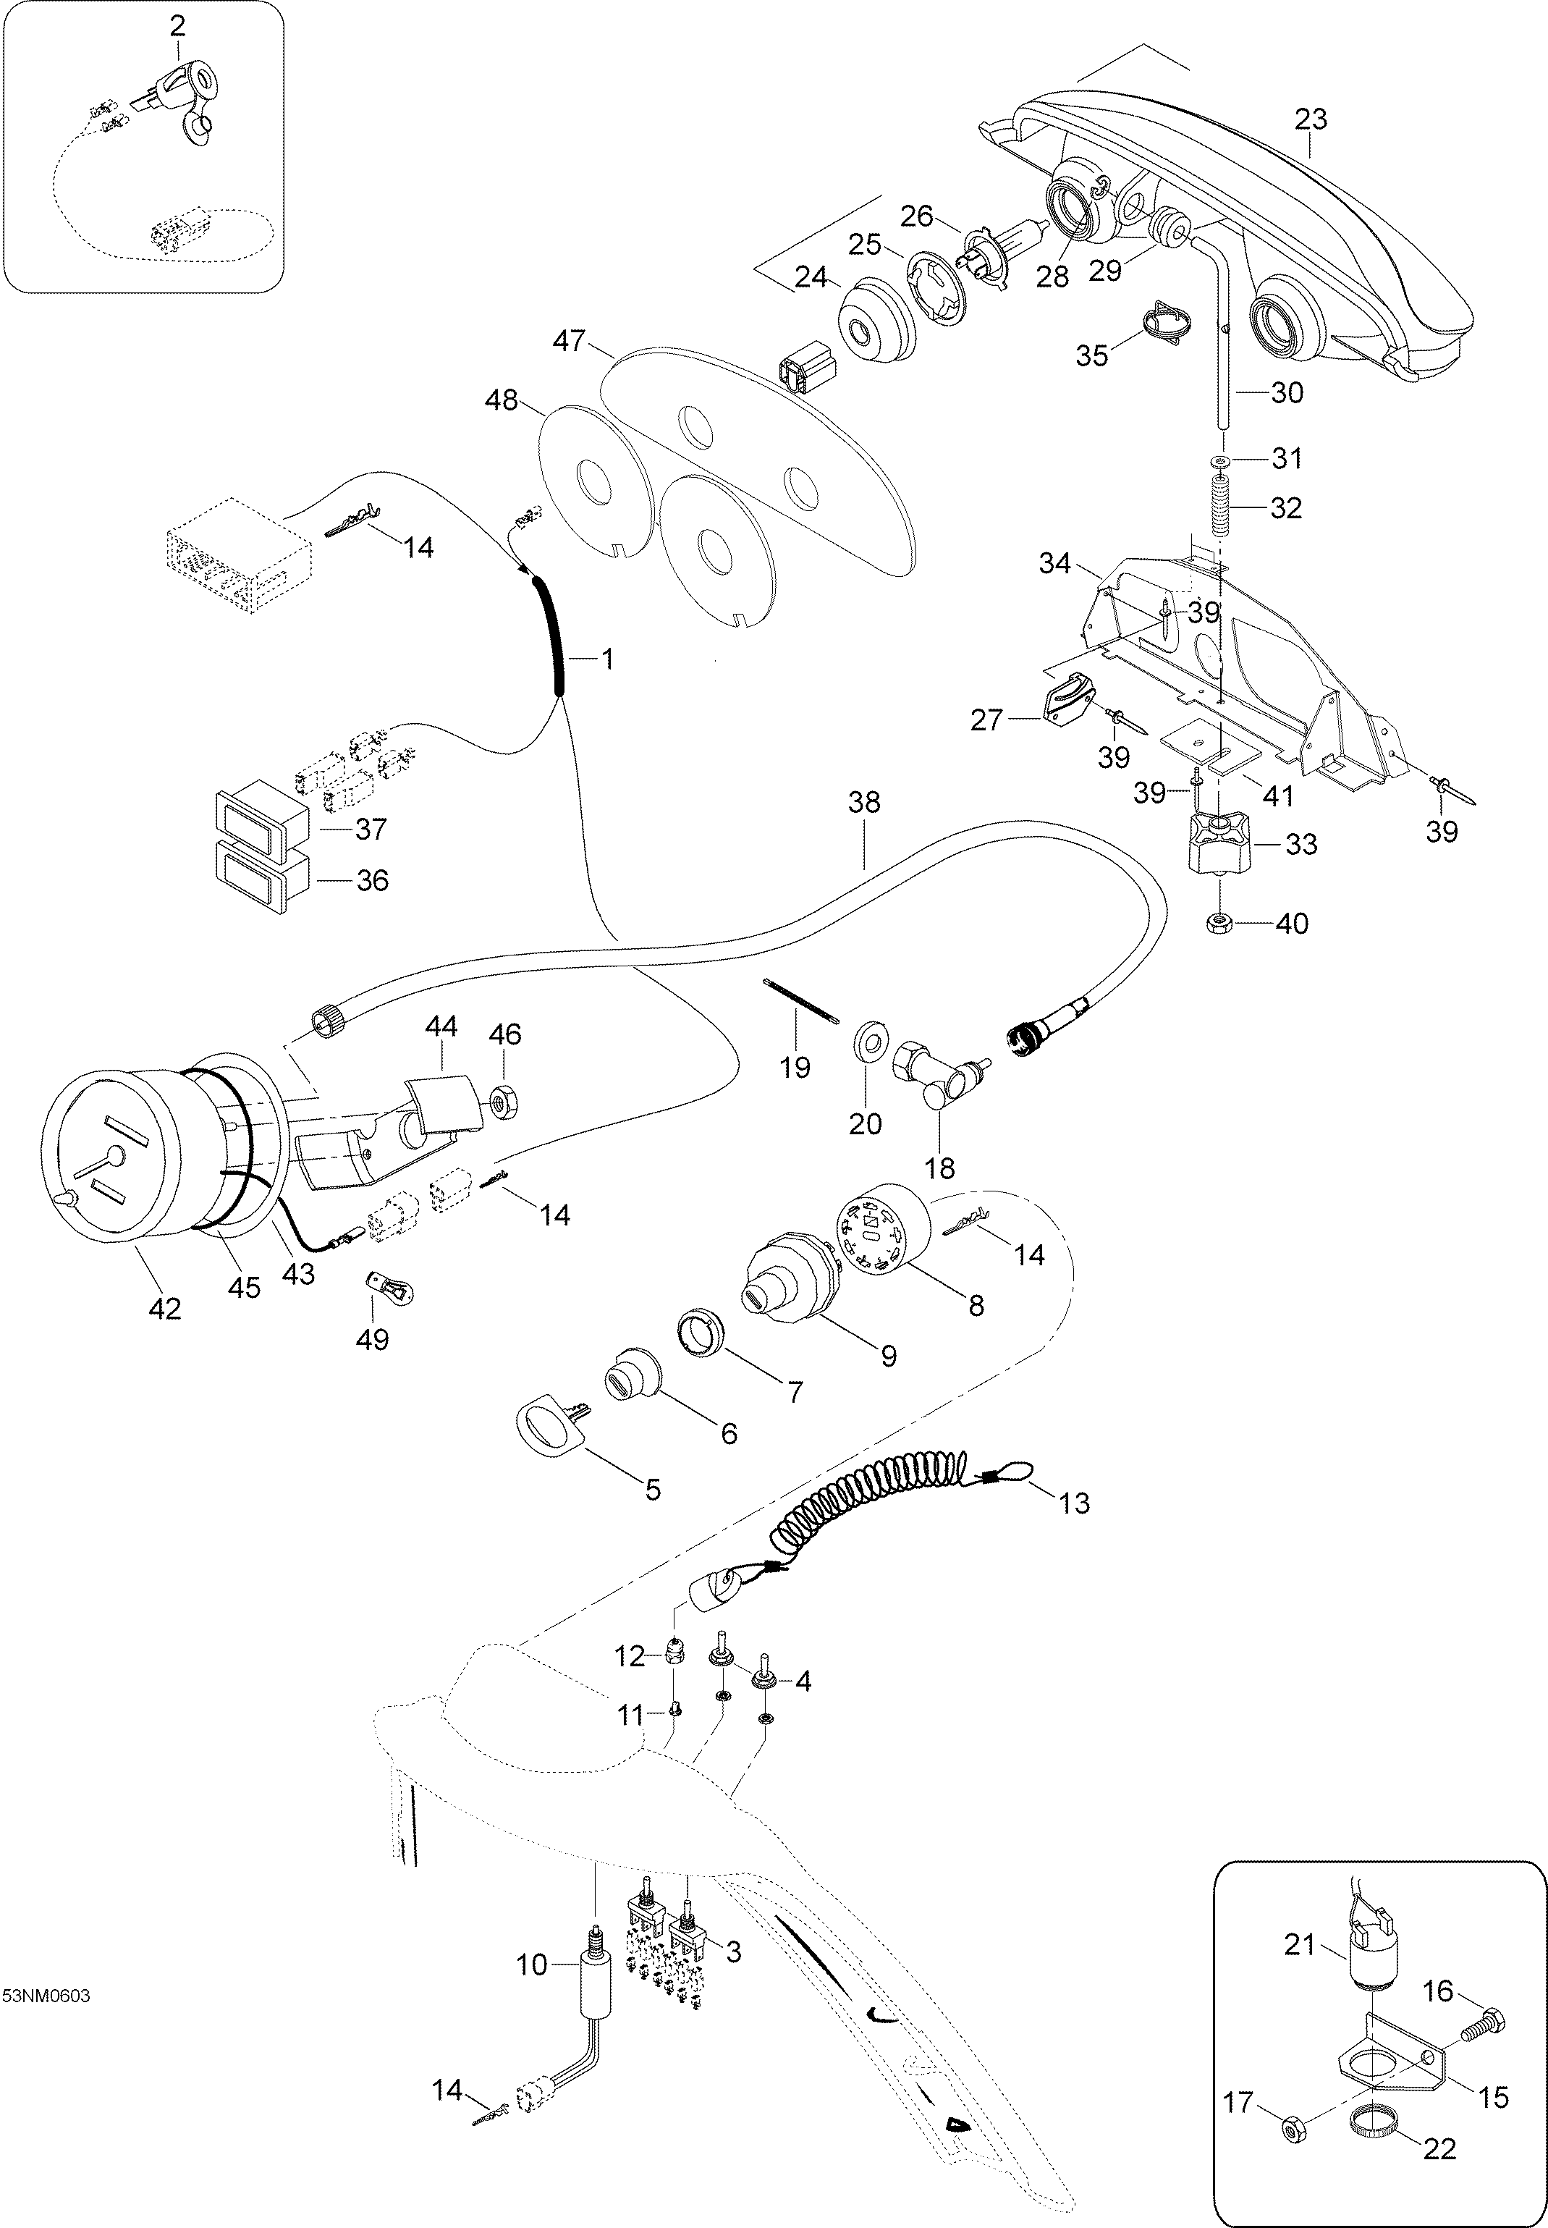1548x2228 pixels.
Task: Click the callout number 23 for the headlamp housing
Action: pyautogui.click(x=1311, y=119)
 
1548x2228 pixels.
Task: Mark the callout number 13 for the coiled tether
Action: pyautogui.click(x=1075, y=1503)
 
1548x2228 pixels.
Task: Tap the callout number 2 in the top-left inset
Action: pyautogui.click(x=177, y=26)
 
